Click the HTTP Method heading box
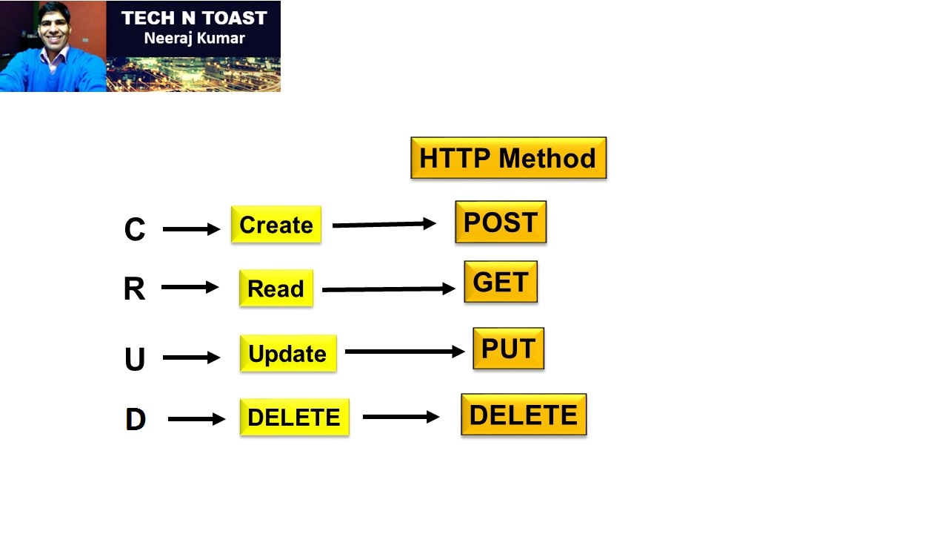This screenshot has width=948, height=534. (508, 158)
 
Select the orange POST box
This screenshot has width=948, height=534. (501, 222)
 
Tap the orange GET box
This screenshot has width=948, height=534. (501, 282)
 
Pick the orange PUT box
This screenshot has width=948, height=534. (508, 349)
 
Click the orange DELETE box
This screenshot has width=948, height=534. (523, 415)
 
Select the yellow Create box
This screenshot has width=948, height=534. (276, 225)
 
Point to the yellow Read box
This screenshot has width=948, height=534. (276, 289)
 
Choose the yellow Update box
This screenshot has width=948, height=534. (287, 354)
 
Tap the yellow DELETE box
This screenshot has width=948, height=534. (294, 418)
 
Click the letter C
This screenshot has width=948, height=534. (135, 230)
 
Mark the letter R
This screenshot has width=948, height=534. (134, 289)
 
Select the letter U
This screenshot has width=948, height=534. (135, 360)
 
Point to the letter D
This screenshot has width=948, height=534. (136, 420)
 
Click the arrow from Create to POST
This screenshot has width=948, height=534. (384, 224)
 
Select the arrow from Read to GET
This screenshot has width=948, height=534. (388, 289)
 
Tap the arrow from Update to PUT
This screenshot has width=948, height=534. (404, 352)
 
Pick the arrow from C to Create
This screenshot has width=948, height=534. (191, 229)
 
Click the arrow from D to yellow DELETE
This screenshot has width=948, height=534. (196, 419)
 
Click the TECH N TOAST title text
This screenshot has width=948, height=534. (194, 18)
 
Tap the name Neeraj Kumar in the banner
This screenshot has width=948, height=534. (194, 38)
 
